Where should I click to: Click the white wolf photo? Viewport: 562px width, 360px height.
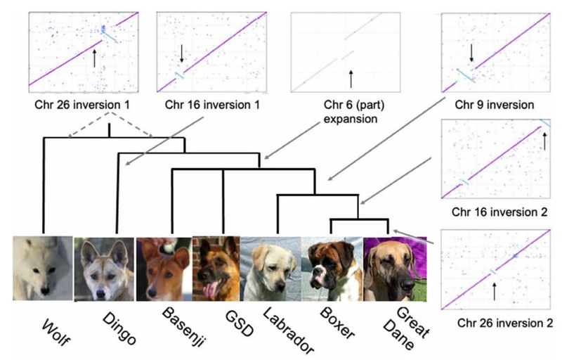click(42, 269)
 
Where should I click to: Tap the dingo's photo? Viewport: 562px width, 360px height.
click(104, 269)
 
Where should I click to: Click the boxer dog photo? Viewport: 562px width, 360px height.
click(331, 269)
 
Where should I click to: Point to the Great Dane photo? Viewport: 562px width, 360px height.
click(391, 269)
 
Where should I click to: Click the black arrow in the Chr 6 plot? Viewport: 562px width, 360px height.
click(350, 77)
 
